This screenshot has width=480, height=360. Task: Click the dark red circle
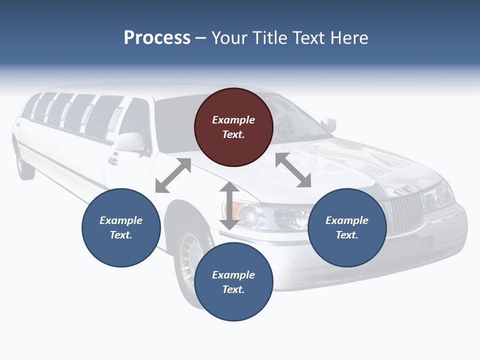pos(233,127)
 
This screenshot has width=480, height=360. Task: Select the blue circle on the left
pos(121,227)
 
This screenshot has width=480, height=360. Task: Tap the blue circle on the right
pos(347,227)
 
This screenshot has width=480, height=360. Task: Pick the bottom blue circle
pos(233,281)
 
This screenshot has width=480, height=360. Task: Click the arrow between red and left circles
pos(173,175)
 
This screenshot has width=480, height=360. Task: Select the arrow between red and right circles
pos(293,170)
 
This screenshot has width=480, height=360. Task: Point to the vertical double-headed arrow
pos(229,205)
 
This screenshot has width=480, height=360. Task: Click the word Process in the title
pos(157,38)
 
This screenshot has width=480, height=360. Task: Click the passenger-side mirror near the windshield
pos(328,124)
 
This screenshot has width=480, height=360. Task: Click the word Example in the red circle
pos(233,120)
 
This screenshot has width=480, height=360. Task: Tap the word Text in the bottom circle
pos(233,289)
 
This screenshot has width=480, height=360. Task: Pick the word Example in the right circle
pos(347,220)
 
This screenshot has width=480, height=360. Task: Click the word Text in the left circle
pos(121,235)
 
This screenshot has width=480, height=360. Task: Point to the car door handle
pos(112,161)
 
